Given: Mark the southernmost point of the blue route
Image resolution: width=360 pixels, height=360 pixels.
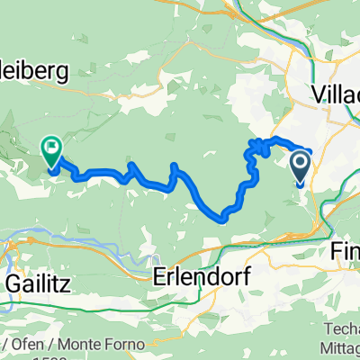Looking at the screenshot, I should (x=221, y=217).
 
